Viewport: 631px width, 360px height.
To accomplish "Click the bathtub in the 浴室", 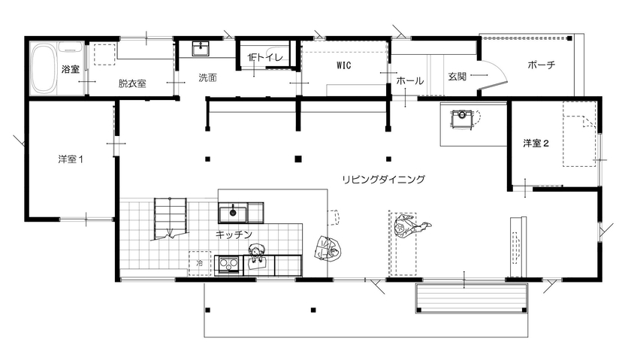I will click(44, 68).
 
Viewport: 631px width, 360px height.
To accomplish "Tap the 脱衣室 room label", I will click(131, 84).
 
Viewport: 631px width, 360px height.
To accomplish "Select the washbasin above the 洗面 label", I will click(201, 49).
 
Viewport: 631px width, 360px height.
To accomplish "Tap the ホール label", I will click(409, 80).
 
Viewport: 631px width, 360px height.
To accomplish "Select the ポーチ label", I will click(541, 65).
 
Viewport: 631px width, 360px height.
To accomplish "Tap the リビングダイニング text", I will click(383, 180).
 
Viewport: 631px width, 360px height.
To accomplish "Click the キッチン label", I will click(233, 234).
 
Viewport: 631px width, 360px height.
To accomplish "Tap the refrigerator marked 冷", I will click(199, 265).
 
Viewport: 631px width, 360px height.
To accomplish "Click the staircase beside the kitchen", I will click(169, 218).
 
